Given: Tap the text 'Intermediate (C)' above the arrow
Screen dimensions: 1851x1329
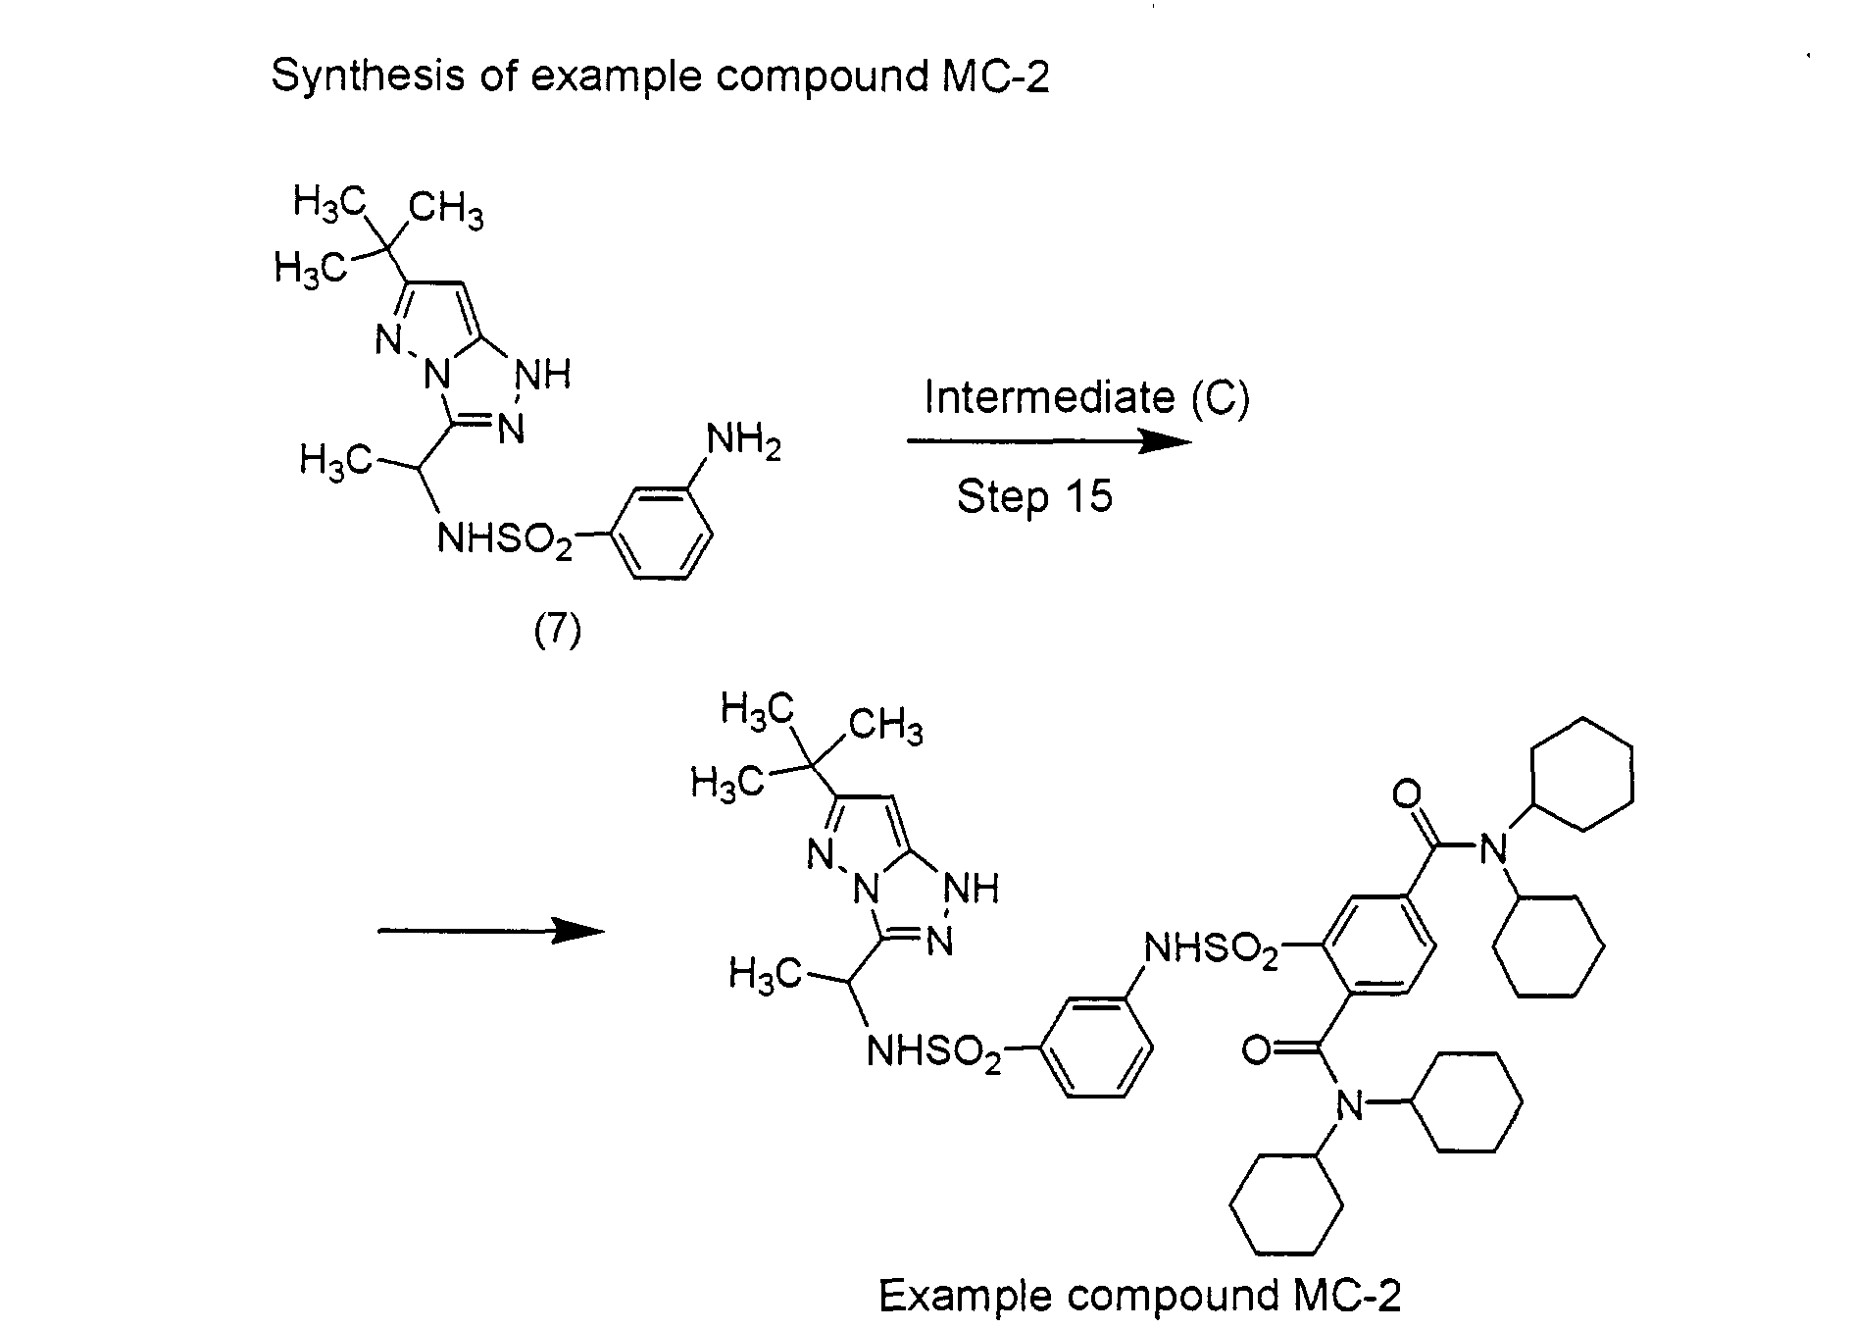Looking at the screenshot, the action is [x=1086, y=397].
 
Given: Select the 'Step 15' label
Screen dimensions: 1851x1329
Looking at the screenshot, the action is [x=1034, y=496].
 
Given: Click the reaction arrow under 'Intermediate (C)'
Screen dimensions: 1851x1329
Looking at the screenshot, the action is [x=1049, y=441].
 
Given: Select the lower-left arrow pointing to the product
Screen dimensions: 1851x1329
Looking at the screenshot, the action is [x=491, y=930].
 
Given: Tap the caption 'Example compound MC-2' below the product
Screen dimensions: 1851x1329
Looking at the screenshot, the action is [x=1139, y=1295].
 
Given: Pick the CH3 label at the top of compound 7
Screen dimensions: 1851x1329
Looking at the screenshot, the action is [x=446, y=210].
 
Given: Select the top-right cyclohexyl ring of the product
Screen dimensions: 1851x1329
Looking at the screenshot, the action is [x=1579, y=775].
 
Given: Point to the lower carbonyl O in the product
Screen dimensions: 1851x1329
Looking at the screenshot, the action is [x=1256, y=1050].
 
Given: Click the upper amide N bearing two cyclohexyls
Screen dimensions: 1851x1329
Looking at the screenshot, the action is [x=1492, y=847].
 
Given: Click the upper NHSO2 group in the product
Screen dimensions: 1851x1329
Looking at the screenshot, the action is [x=1212, y=949].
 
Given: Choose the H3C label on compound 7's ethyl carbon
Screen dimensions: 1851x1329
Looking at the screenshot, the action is [x=335, y=460].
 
